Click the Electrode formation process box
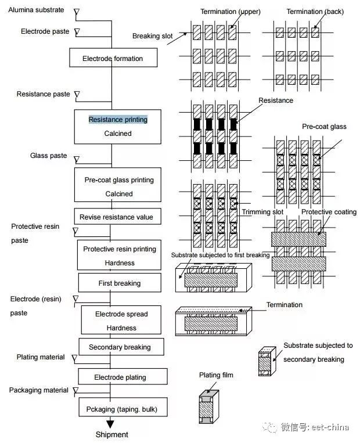[112, 59]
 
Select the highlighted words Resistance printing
[118, 120]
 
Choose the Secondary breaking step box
[120, 347]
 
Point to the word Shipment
[111, 434]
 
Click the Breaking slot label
[153, 36]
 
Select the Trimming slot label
[262, 212]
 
